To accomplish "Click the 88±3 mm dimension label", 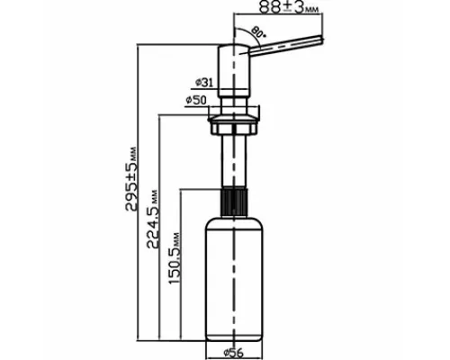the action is (289, 7).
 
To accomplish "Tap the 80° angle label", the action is (258, 32).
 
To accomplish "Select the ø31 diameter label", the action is (204, 82).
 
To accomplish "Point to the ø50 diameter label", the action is (196, 100).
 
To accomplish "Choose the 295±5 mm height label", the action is (131, 178).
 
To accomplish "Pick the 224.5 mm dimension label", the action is (152, 219).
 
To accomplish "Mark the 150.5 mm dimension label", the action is (174, 258).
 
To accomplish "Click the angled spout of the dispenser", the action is (285, 46).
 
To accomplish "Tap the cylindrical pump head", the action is (233, 70).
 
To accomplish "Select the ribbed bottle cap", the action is (234, 201).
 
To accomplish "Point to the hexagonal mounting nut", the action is (234, 129).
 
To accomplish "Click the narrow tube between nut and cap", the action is (234, 160).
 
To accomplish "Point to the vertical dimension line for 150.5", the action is (181, 264).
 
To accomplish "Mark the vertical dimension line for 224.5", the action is (158, 227).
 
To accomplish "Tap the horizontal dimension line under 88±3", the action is (278, 13).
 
